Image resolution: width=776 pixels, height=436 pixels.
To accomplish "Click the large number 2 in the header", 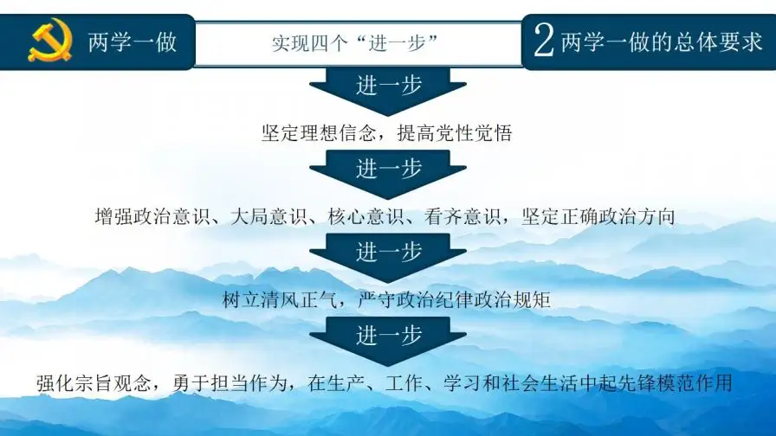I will pyautogui.click(x=544, y=42).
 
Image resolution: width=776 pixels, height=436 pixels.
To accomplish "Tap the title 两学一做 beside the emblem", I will pyautogui.click(x=133, y=42).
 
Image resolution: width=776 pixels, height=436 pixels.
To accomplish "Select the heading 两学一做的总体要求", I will pyautogui.click(x=662, y=42).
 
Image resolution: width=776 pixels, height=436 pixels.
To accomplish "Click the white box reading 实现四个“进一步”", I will pyautogui.click(x=358, y=43).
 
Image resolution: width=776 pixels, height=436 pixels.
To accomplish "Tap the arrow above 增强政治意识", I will pyautogui.click(x=388, y=170).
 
